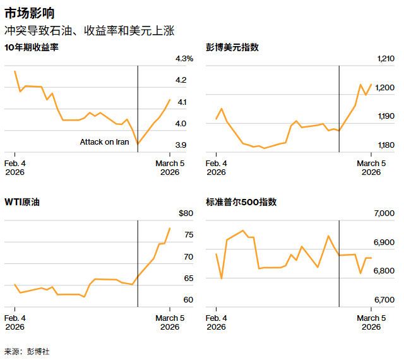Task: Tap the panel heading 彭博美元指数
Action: click(x=232, y=47)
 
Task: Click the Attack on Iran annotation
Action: click(x=104, y=142)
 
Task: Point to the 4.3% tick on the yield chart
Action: click(x=184, y=59)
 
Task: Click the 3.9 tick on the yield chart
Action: click(x=181, y=145)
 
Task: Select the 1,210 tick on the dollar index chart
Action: click(x=385, y=59)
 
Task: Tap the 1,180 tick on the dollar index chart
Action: click(x=385, y=145)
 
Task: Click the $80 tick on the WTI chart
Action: click(x=185, y=213)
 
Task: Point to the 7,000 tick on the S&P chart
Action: click(x=384, y=213)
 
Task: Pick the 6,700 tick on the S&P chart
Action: click(x=384, y=299)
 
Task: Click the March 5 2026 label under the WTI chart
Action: click(x=169, y=322)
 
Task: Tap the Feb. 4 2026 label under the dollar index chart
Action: click(x=217, y=167)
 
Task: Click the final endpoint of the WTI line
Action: click(x=170, y=228)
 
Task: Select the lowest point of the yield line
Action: click(x=138, y=144)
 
